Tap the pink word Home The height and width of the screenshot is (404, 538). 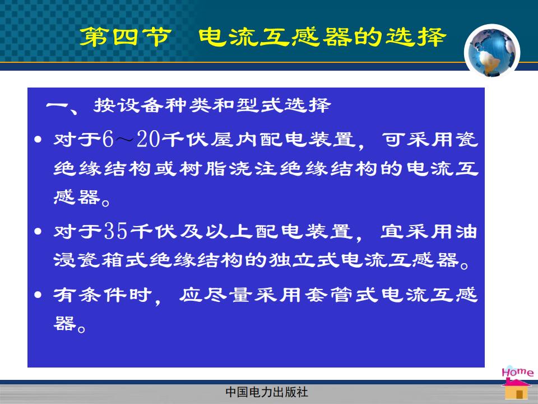pos(517,372)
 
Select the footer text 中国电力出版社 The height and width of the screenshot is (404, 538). pos(267,392)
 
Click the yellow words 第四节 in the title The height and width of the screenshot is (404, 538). pos(125,37)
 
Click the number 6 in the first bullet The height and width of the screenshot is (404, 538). pos(108,140)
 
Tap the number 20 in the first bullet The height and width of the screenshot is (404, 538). pos(148,140)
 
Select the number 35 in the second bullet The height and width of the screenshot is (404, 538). pos(116,231)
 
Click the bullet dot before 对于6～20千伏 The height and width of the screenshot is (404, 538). pos(38,140)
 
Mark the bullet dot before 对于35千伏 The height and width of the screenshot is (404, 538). pos(38,231)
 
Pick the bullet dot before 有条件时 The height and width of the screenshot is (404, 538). pos(38,295)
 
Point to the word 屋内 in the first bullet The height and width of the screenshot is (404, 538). pos(233,140)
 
